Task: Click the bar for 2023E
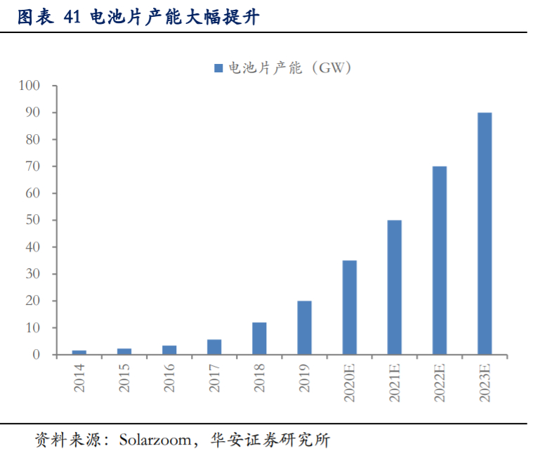pyautogui.click(x=485, y=234)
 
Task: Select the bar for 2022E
pyautogui.click(x=440, y=261)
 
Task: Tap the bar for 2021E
pyautogui.click(x=395, y=287)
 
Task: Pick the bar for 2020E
pyautogui.click(x=350, y=308)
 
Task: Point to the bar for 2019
pyautogui.click(x=305, y=328)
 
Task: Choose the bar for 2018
pyautogui.click(x=260, y=339)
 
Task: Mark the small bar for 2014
pyautogui.click(x=79, y=353)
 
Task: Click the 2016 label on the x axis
pyautogui.click(x=169, y=376)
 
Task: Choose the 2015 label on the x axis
pyautogui.click(x=124, y=376)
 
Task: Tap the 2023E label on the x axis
pyautogui.click(x=485, y=384)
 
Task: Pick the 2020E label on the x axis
pyautogui.click(x=350, y=384)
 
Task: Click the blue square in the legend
pyautogui.click(x=218, y=68)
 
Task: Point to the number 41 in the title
pyautogui.click(x=72, y=18)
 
